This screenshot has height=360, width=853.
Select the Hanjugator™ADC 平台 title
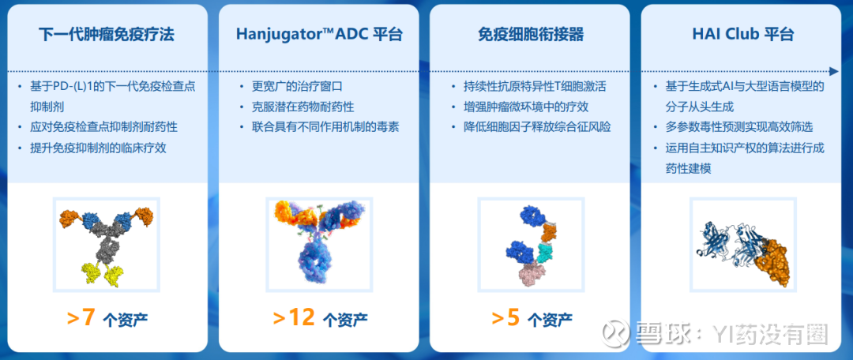pos(319,35)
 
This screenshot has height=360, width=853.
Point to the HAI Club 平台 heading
pos(742,35)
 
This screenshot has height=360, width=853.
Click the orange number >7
pos(81,318)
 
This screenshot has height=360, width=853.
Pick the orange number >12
pos(294,318)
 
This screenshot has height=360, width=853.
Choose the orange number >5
pos(505,318)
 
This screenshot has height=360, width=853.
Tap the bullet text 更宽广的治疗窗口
pos(297,87)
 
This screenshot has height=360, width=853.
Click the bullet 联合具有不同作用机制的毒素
pos(325,127)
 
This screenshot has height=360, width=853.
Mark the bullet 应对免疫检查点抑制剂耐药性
pos(103,128)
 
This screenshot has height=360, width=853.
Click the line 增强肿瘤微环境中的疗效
pos(526,107)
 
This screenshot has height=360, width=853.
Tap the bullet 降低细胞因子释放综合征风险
pos(537,127)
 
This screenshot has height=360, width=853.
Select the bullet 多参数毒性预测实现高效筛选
pos(739,128)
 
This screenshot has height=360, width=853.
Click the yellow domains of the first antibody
pos(104,274)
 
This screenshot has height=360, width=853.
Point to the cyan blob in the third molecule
pos(545,253)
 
